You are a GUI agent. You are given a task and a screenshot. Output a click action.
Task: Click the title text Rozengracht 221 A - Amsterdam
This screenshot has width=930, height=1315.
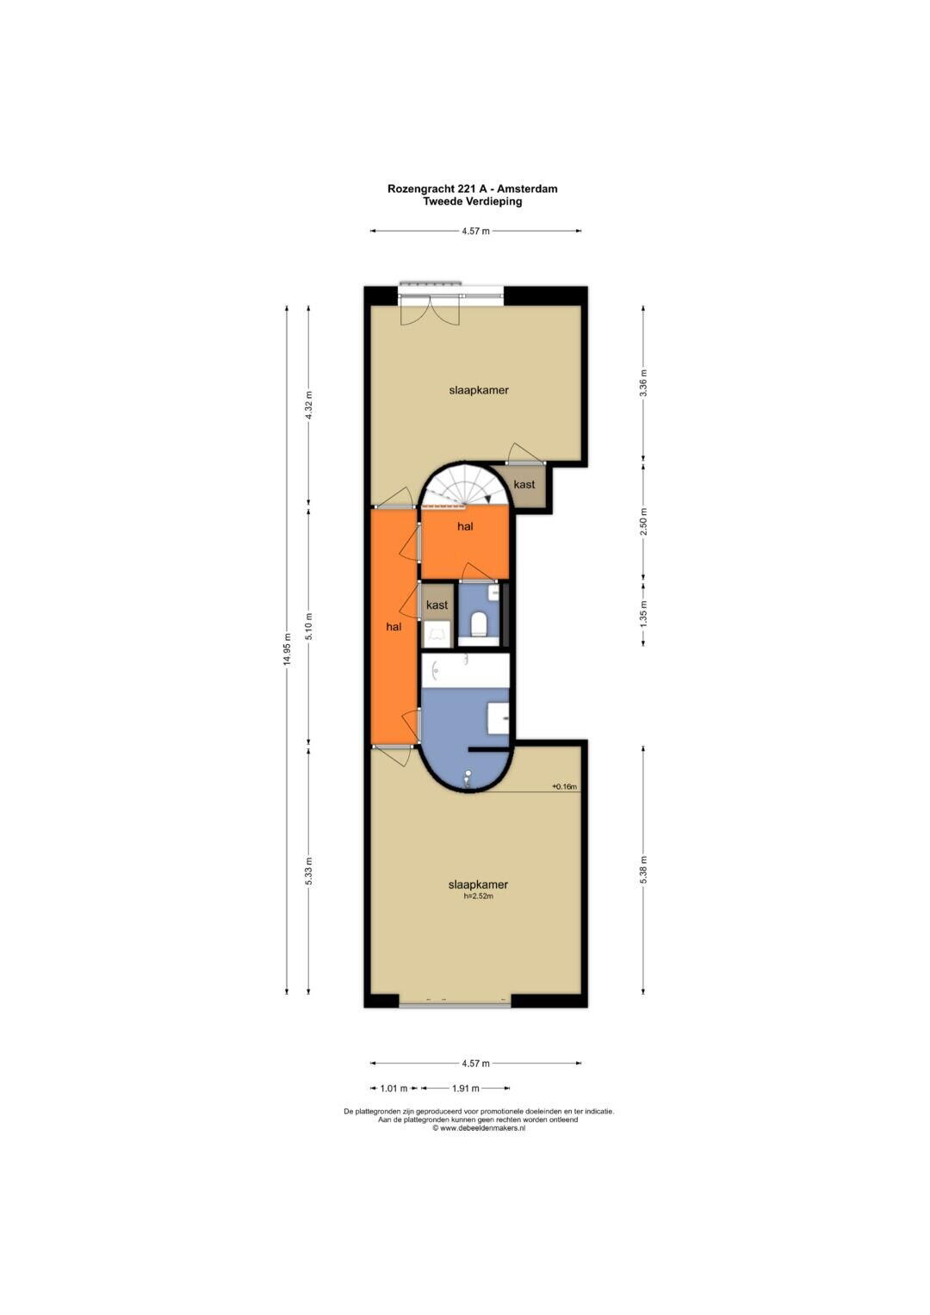(472, 189)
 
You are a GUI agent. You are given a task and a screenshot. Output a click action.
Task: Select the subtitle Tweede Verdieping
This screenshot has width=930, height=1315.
(472, 202)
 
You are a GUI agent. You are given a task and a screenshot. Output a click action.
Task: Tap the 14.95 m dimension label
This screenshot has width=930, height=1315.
(287, 649)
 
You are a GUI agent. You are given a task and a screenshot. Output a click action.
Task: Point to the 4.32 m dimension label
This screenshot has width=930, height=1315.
(309, 405)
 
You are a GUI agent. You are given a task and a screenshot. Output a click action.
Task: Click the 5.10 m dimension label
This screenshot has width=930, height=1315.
(309, 627)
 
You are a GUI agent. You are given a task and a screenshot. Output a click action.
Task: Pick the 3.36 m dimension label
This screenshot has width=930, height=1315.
(643, 382)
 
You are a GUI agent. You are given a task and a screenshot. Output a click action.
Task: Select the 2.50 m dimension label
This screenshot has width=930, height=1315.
(643, 522)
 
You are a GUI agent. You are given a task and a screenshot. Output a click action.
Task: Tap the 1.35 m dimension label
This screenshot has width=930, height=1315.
(643, 614)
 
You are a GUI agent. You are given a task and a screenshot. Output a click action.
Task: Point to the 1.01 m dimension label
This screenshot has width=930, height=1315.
(394, 1088)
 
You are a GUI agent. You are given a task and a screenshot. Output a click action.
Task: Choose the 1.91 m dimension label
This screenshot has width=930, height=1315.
(466, 1088)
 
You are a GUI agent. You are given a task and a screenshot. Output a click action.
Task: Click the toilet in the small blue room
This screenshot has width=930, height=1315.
(479, 623)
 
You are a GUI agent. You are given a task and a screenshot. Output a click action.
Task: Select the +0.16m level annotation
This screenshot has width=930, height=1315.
(564, 786)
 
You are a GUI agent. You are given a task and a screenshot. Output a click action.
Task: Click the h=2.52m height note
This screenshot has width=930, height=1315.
(478, 896)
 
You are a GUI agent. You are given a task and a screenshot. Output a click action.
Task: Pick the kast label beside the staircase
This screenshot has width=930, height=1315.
(524, 484)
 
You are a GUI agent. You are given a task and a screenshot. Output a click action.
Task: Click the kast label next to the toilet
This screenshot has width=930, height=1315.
(437, 605)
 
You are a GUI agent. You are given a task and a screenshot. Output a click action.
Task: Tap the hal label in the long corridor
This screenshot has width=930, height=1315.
(394, 627)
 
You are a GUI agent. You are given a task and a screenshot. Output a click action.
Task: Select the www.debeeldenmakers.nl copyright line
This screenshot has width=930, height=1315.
(479, 1128)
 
